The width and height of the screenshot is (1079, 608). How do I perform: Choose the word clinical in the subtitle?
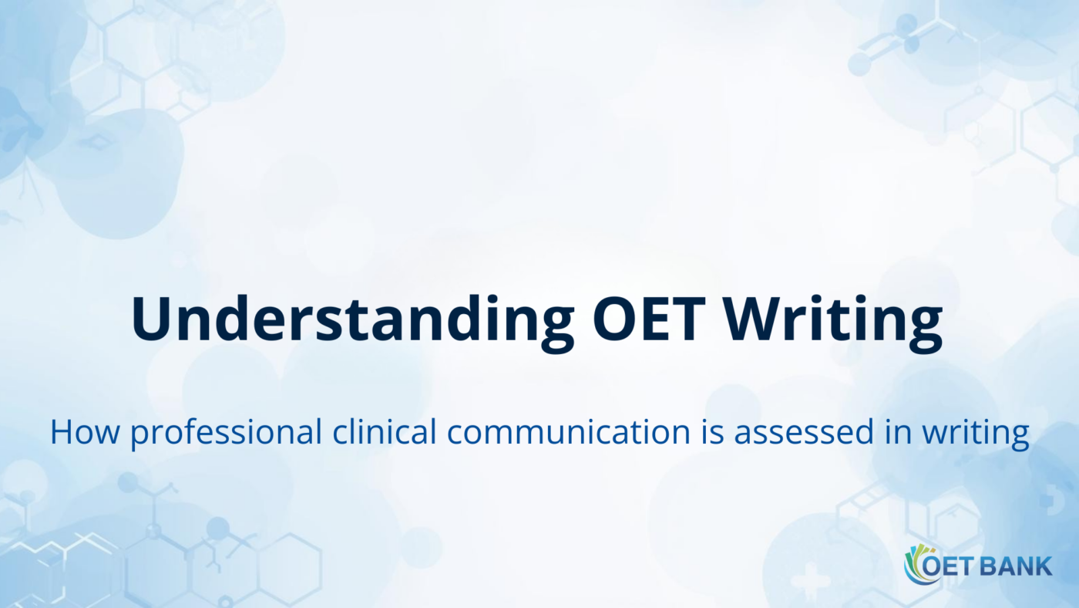(x=386, y=432)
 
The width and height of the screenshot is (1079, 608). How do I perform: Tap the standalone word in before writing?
(x=900, y=432)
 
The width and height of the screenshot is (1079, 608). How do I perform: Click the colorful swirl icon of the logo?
(x=917, y=565)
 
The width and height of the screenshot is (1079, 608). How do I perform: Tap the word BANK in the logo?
(x=1017, y=566)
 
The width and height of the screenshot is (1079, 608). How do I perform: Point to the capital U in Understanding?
(x=152, y=318)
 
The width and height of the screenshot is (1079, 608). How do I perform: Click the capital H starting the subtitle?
(x=62, y=432)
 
